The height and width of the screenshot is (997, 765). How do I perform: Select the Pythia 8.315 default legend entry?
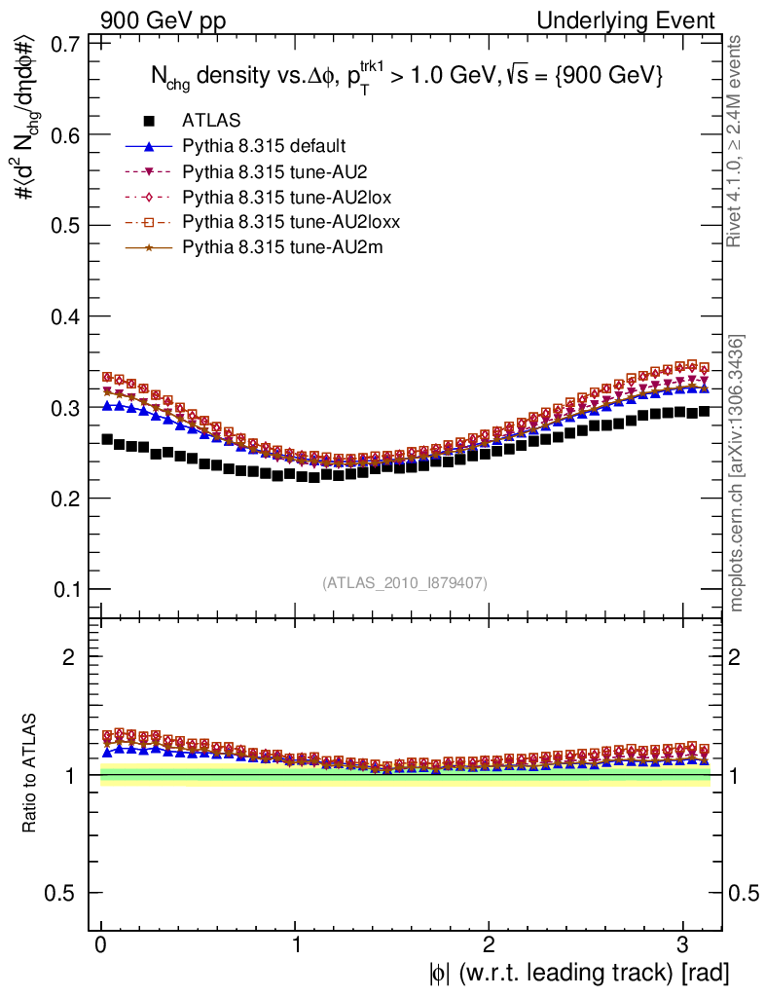click(264, 146)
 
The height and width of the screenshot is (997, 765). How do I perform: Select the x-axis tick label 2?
click(489, 945)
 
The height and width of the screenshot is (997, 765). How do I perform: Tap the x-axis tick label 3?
click(683, 945)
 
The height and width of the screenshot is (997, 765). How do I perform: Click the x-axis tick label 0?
click(100, 945)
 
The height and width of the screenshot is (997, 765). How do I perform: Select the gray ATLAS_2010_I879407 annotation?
click(405, 582)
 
